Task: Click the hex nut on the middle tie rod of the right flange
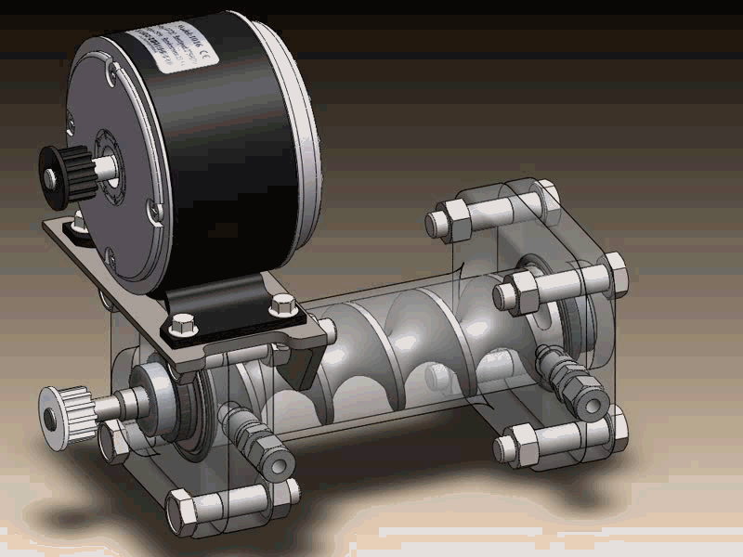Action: [x=512, y=292]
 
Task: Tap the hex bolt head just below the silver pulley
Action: [x=113, y=441]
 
